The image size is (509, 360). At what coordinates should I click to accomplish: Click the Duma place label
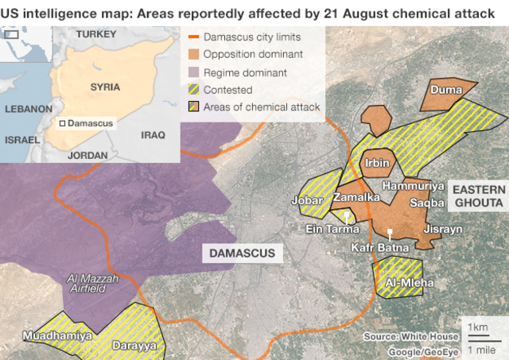tap(446, 90)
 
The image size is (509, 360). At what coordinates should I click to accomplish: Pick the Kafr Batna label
tap(380, 248)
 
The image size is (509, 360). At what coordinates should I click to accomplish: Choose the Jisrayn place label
tap(443, 228)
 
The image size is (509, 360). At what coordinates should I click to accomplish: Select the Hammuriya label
tap(413, 185)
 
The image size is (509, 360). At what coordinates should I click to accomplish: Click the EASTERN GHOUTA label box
tap(477, 195)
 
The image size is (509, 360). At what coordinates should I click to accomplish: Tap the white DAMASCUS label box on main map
tap(242, 254)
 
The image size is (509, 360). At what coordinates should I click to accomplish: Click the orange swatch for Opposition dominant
tap(192, 54)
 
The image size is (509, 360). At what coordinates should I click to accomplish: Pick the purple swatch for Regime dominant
tap(192, 72)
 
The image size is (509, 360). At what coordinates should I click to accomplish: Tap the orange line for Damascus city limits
tap(192, 37)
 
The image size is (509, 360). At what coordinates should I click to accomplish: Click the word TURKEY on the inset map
tap(95, 34)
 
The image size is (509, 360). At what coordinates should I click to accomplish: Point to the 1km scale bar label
tap(478, 327)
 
